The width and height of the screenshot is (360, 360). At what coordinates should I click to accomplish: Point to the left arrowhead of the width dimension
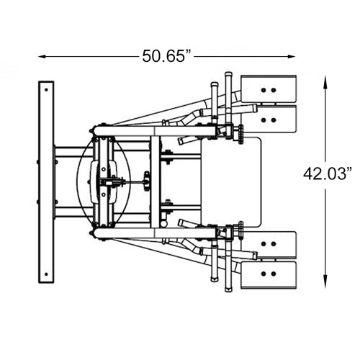[42, 55]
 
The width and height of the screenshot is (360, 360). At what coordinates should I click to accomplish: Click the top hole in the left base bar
[47, 90]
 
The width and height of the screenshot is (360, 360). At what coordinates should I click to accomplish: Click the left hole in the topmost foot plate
[264, 90]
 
